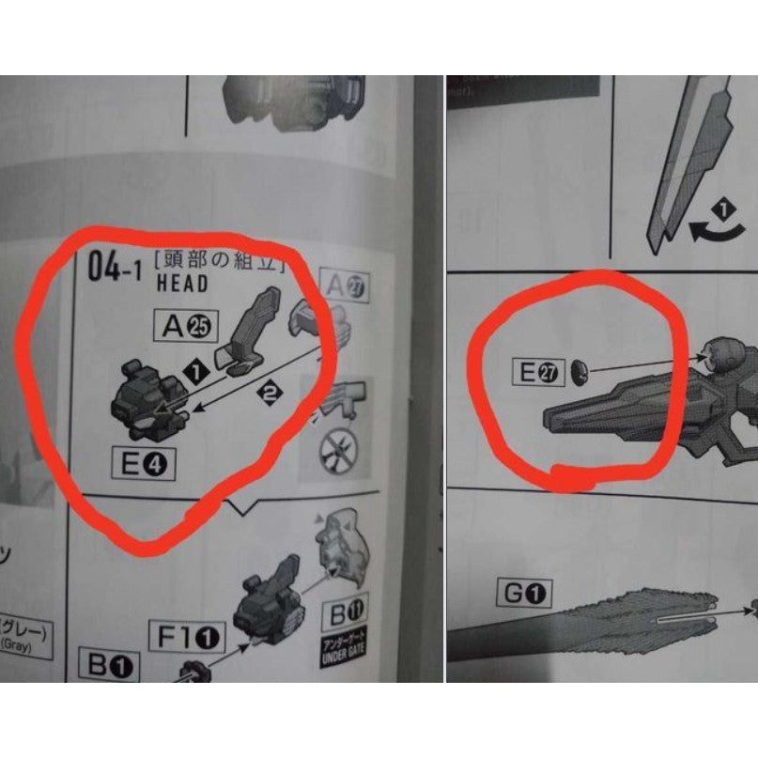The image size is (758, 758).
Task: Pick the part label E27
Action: coord(535,373)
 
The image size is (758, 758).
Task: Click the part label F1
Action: coord(186,638)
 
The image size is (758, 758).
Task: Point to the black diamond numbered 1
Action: coord(196,373)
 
